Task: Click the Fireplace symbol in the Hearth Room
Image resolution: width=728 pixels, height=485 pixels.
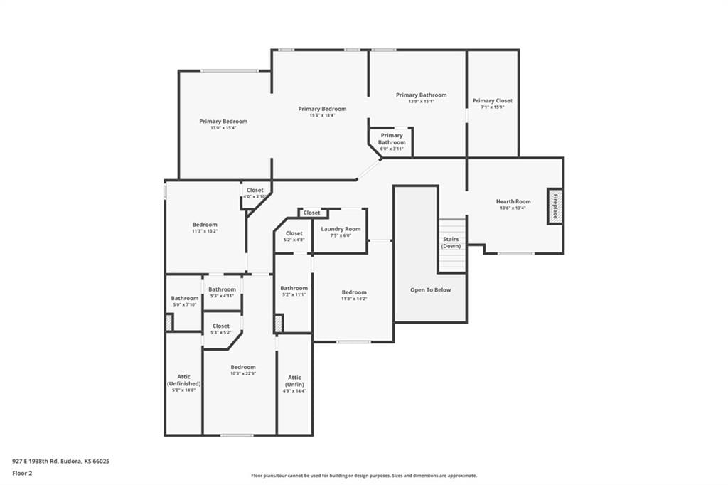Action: (555, 206)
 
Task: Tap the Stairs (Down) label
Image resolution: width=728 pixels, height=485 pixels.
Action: (451, 242)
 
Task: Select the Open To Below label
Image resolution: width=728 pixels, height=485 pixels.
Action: (430, 290)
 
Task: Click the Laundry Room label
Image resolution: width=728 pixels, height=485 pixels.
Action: (341, 229)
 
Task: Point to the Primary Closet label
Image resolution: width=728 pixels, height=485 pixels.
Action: (493, 100)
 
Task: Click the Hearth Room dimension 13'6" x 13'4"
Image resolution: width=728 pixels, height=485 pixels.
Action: (513, 208)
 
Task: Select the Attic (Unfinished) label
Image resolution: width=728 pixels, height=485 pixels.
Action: (184, 380)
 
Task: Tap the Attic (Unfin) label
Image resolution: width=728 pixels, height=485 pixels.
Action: (294, 381)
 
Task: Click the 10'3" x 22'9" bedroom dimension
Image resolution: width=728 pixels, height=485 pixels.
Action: (243, 373)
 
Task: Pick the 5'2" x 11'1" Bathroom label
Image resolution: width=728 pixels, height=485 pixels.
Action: (294, 288)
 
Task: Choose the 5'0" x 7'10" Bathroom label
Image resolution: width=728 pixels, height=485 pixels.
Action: (185, 298)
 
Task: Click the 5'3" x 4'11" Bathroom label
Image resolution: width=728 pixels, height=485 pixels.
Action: (222, 289)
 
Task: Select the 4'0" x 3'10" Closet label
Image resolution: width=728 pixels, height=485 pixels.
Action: (255, 190)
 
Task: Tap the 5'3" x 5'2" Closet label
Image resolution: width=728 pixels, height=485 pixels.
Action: (221, 326)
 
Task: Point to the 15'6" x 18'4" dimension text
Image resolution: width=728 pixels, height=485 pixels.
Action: (322, 115)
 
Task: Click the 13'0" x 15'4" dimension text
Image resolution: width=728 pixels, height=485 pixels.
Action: (223, 128)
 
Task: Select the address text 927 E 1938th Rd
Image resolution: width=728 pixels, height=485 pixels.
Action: (35, 462)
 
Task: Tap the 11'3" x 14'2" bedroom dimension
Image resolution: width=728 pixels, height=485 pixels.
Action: (354, 299)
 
